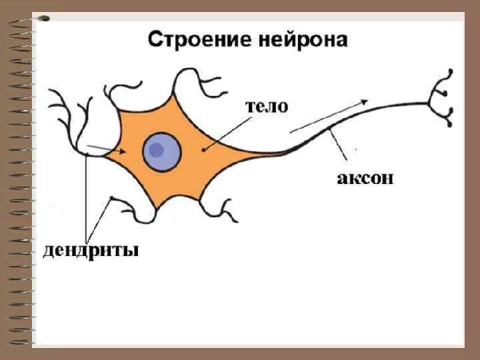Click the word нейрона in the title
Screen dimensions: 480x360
(301, 40)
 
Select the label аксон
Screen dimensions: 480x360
(364, 178)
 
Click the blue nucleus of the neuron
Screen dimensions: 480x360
(162, 151)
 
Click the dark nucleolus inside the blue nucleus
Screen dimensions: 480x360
(157, 150)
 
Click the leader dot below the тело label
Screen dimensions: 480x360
(204, 149)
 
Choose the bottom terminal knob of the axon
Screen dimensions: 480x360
(451, 124)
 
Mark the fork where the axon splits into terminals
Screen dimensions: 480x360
(430, 102)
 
